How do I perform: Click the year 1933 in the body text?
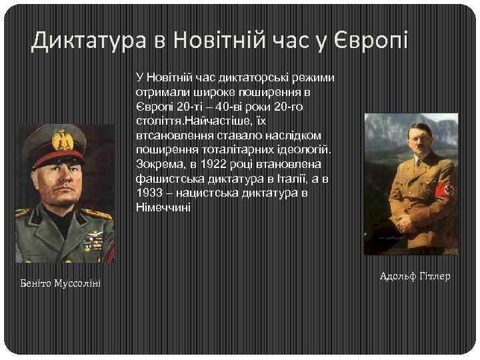coord(148,193)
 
